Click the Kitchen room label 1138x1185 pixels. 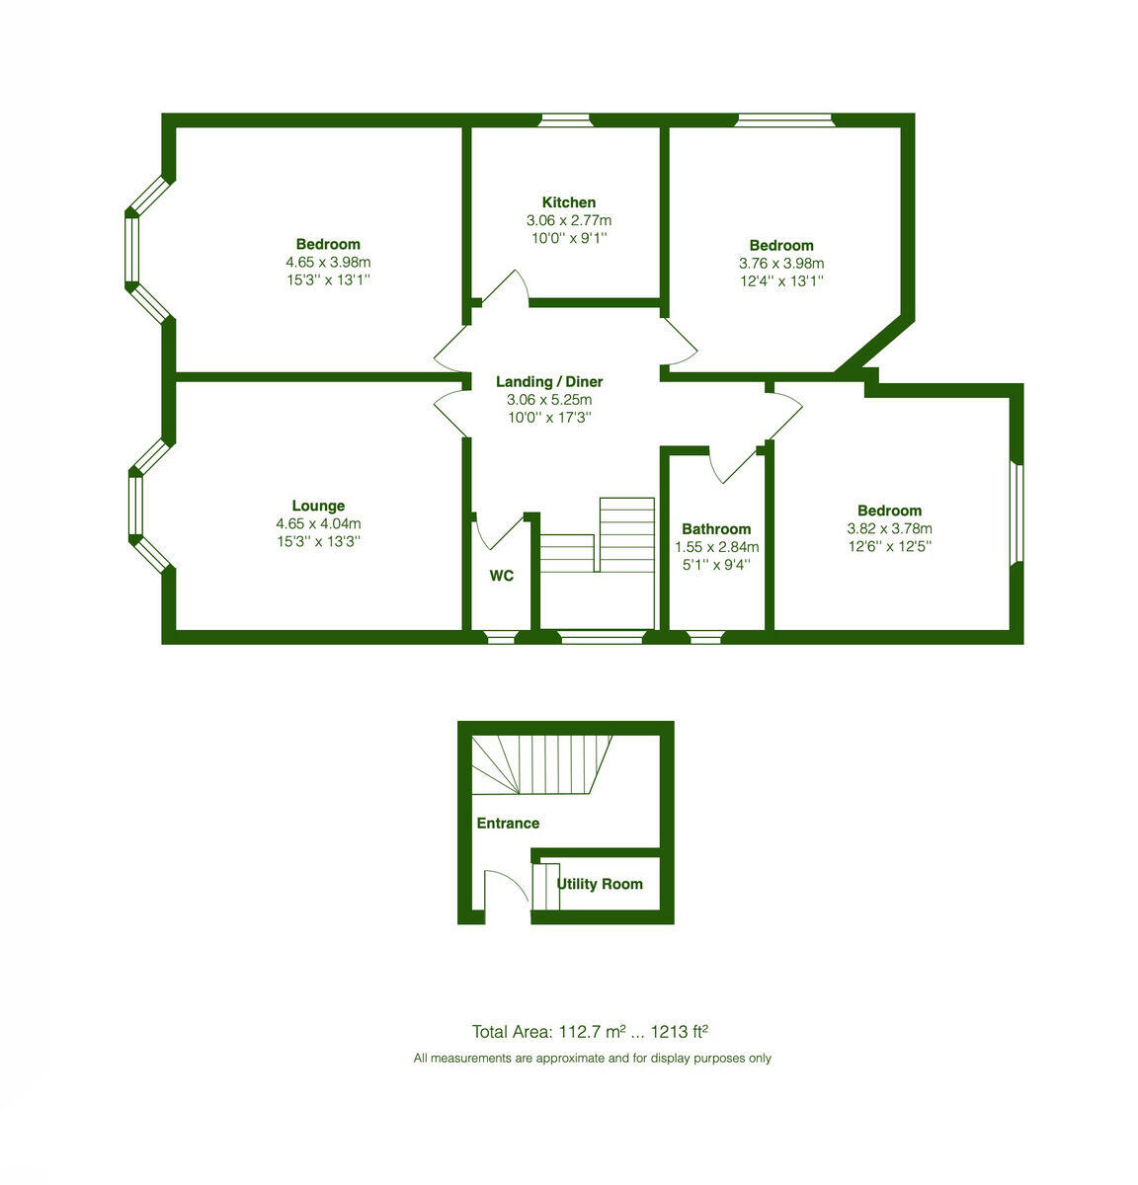[568, 202]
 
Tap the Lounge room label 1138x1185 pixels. [318, 506]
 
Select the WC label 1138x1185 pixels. [502, 576]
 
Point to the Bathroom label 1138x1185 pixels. [716, 529]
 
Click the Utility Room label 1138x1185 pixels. [600, 884]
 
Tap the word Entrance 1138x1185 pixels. [508, 823]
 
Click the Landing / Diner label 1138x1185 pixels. [549, 382]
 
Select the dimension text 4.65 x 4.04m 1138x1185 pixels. [318, 523]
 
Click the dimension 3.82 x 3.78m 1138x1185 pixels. [889, 528]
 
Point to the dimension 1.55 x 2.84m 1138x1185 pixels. [716, 547]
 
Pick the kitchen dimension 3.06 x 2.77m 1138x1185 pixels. [568, 220]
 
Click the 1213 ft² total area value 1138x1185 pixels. [680, 1032]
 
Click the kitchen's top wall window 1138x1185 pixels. [564, 120]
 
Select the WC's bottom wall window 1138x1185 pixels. [501, 638]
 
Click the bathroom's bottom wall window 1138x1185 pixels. [704, 638]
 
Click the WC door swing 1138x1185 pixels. [497, 530]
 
